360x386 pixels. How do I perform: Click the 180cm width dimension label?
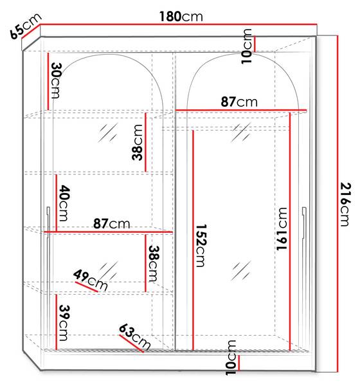tap(181, 17)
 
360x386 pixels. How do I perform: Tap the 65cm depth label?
tap(25, 26)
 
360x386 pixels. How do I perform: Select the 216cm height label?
tap(345, 204)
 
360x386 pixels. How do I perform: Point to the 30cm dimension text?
tap(57, 80)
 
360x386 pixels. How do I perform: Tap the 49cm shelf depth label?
tap(91, 280)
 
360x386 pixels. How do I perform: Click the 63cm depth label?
tap(134, 337)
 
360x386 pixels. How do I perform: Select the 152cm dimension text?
tap(201, 246)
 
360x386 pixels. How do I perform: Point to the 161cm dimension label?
tap(282, 228)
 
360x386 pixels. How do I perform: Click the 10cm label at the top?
tap(246, 46)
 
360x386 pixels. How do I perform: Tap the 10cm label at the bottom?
tap(231, 358)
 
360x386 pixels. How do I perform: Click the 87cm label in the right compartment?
tap(239, 102)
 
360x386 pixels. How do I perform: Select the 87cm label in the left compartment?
tap(111, 224)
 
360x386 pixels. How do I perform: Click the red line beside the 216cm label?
tap(338, 203)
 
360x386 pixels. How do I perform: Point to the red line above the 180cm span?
tap(178, 24)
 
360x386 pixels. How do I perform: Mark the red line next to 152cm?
tap(193, 240)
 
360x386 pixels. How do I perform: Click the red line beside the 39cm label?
tap(57, 322)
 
